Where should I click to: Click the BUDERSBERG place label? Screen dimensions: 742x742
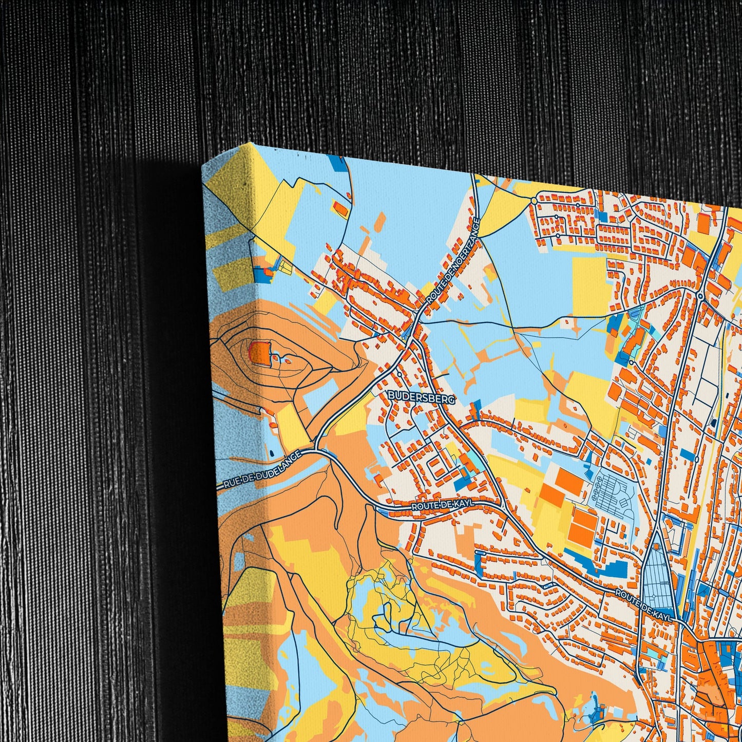pyautogui.click(x=414, y=396)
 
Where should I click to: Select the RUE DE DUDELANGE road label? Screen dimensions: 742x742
pyautogui.click(x=262, y=469)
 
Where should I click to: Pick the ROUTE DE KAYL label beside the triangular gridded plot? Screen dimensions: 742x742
pyautogui.click(x=644, y=605)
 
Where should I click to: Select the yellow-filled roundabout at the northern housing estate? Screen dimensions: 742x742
pyautogui.click(x=534, y=200)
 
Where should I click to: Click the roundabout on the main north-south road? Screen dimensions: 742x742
pyautogui.click(x=700, y=296)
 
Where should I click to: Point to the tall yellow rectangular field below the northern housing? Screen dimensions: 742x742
pyautogui.click(x=589, y=285)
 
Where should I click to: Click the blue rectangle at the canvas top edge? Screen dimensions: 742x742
pyautogui.click(x=337, y=163)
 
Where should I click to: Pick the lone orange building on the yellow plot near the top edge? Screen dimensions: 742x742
pyautogui.click(x=340, y=208)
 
